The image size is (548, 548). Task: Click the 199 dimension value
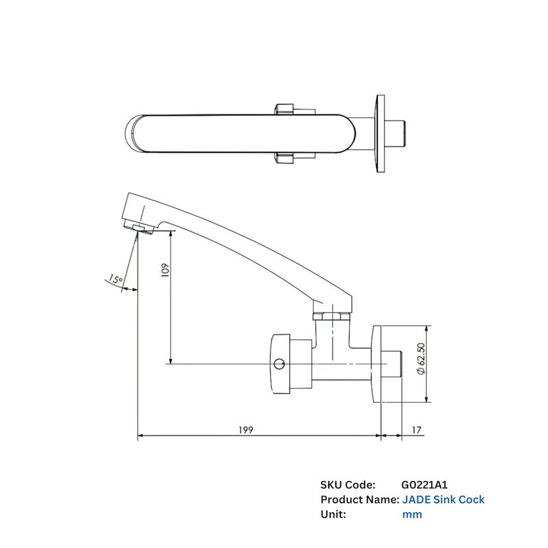[x=246, y=429]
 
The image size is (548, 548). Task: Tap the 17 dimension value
[x=416, y=429]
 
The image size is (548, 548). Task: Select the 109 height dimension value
[x=165, y=270]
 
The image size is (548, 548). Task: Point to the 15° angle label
[x=115, y=279]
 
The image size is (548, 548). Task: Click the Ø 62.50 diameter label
[x=421, y=359]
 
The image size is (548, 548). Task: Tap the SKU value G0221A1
[x=424, y=485]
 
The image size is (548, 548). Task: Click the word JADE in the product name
[x=416, y=499]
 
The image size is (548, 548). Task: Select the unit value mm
[x=412, y=514]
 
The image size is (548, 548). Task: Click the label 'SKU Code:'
[x=348, y=485]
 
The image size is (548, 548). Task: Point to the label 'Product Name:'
[x=360, y=499]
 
